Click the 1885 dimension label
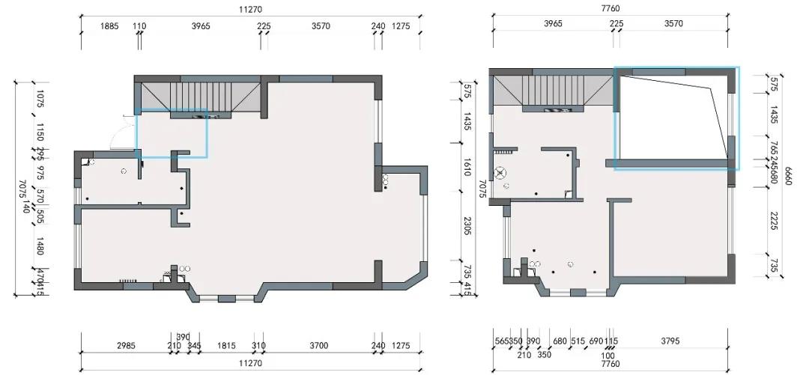point(110,26)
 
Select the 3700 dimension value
point(319,346)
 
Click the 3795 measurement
point(670,341)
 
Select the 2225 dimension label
point(774,220)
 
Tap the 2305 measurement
point(467,226)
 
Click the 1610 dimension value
point(467,166)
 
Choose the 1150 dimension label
point(40,132)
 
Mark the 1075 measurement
point(40,98)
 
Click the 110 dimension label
point(140,26)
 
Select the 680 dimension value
point(560,341)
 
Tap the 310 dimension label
point(258,346)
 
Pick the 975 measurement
point(40,171)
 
